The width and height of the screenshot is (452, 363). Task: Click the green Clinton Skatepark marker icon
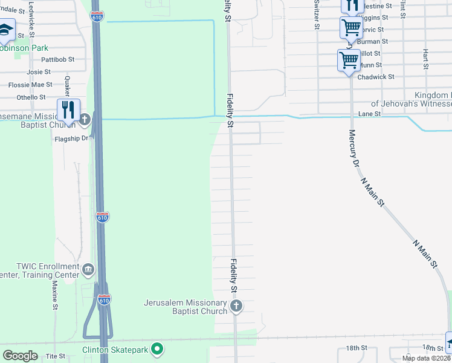(157, 348)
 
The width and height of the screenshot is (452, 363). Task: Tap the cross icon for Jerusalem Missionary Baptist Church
(236, 306)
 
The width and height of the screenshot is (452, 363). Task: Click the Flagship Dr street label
(72, 138)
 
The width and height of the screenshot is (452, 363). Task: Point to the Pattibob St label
(57, 59)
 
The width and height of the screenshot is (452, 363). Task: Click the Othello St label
(31, 97)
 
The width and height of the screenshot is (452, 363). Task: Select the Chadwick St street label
(376, 77)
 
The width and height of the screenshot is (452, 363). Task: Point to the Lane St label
(369, 113)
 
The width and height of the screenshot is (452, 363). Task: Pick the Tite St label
(55, 356)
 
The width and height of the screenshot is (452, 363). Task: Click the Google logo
(21, 356)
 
